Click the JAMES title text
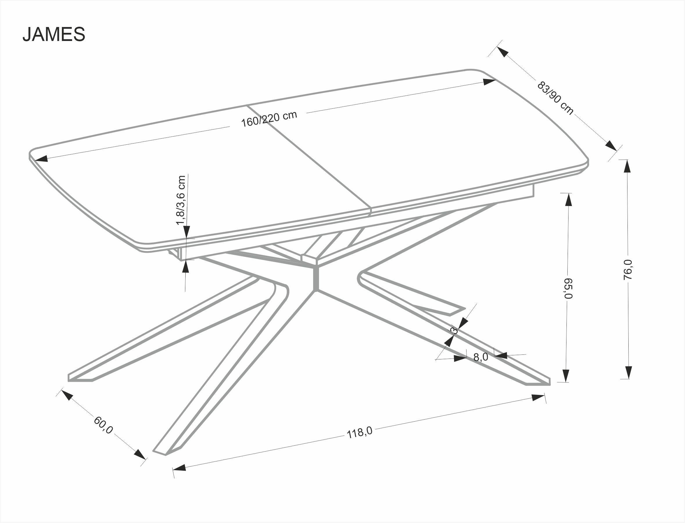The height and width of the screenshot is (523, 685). click(x=54, y=34)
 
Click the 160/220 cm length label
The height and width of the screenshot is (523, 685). click(x=269, y=119)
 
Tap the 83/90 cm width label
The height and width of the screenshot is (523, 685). click(x=555, y=98)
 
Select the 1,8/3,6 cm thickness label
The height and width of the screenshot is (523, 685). click(x=181, y=200)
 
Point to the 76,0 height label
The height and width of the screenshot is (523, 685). click(x=628, y=269)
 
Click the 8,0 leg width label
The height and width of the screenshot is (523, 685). click(x=480, y=357)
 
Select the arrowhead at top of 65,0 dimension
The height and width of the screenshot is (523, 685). click(x=569, y=200)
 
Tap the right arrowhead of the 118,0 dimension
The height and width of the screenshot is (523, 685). click(x=538, y=397)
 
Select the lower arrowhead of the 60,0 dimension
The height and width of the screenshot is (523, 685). click(x=140, y=454)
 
